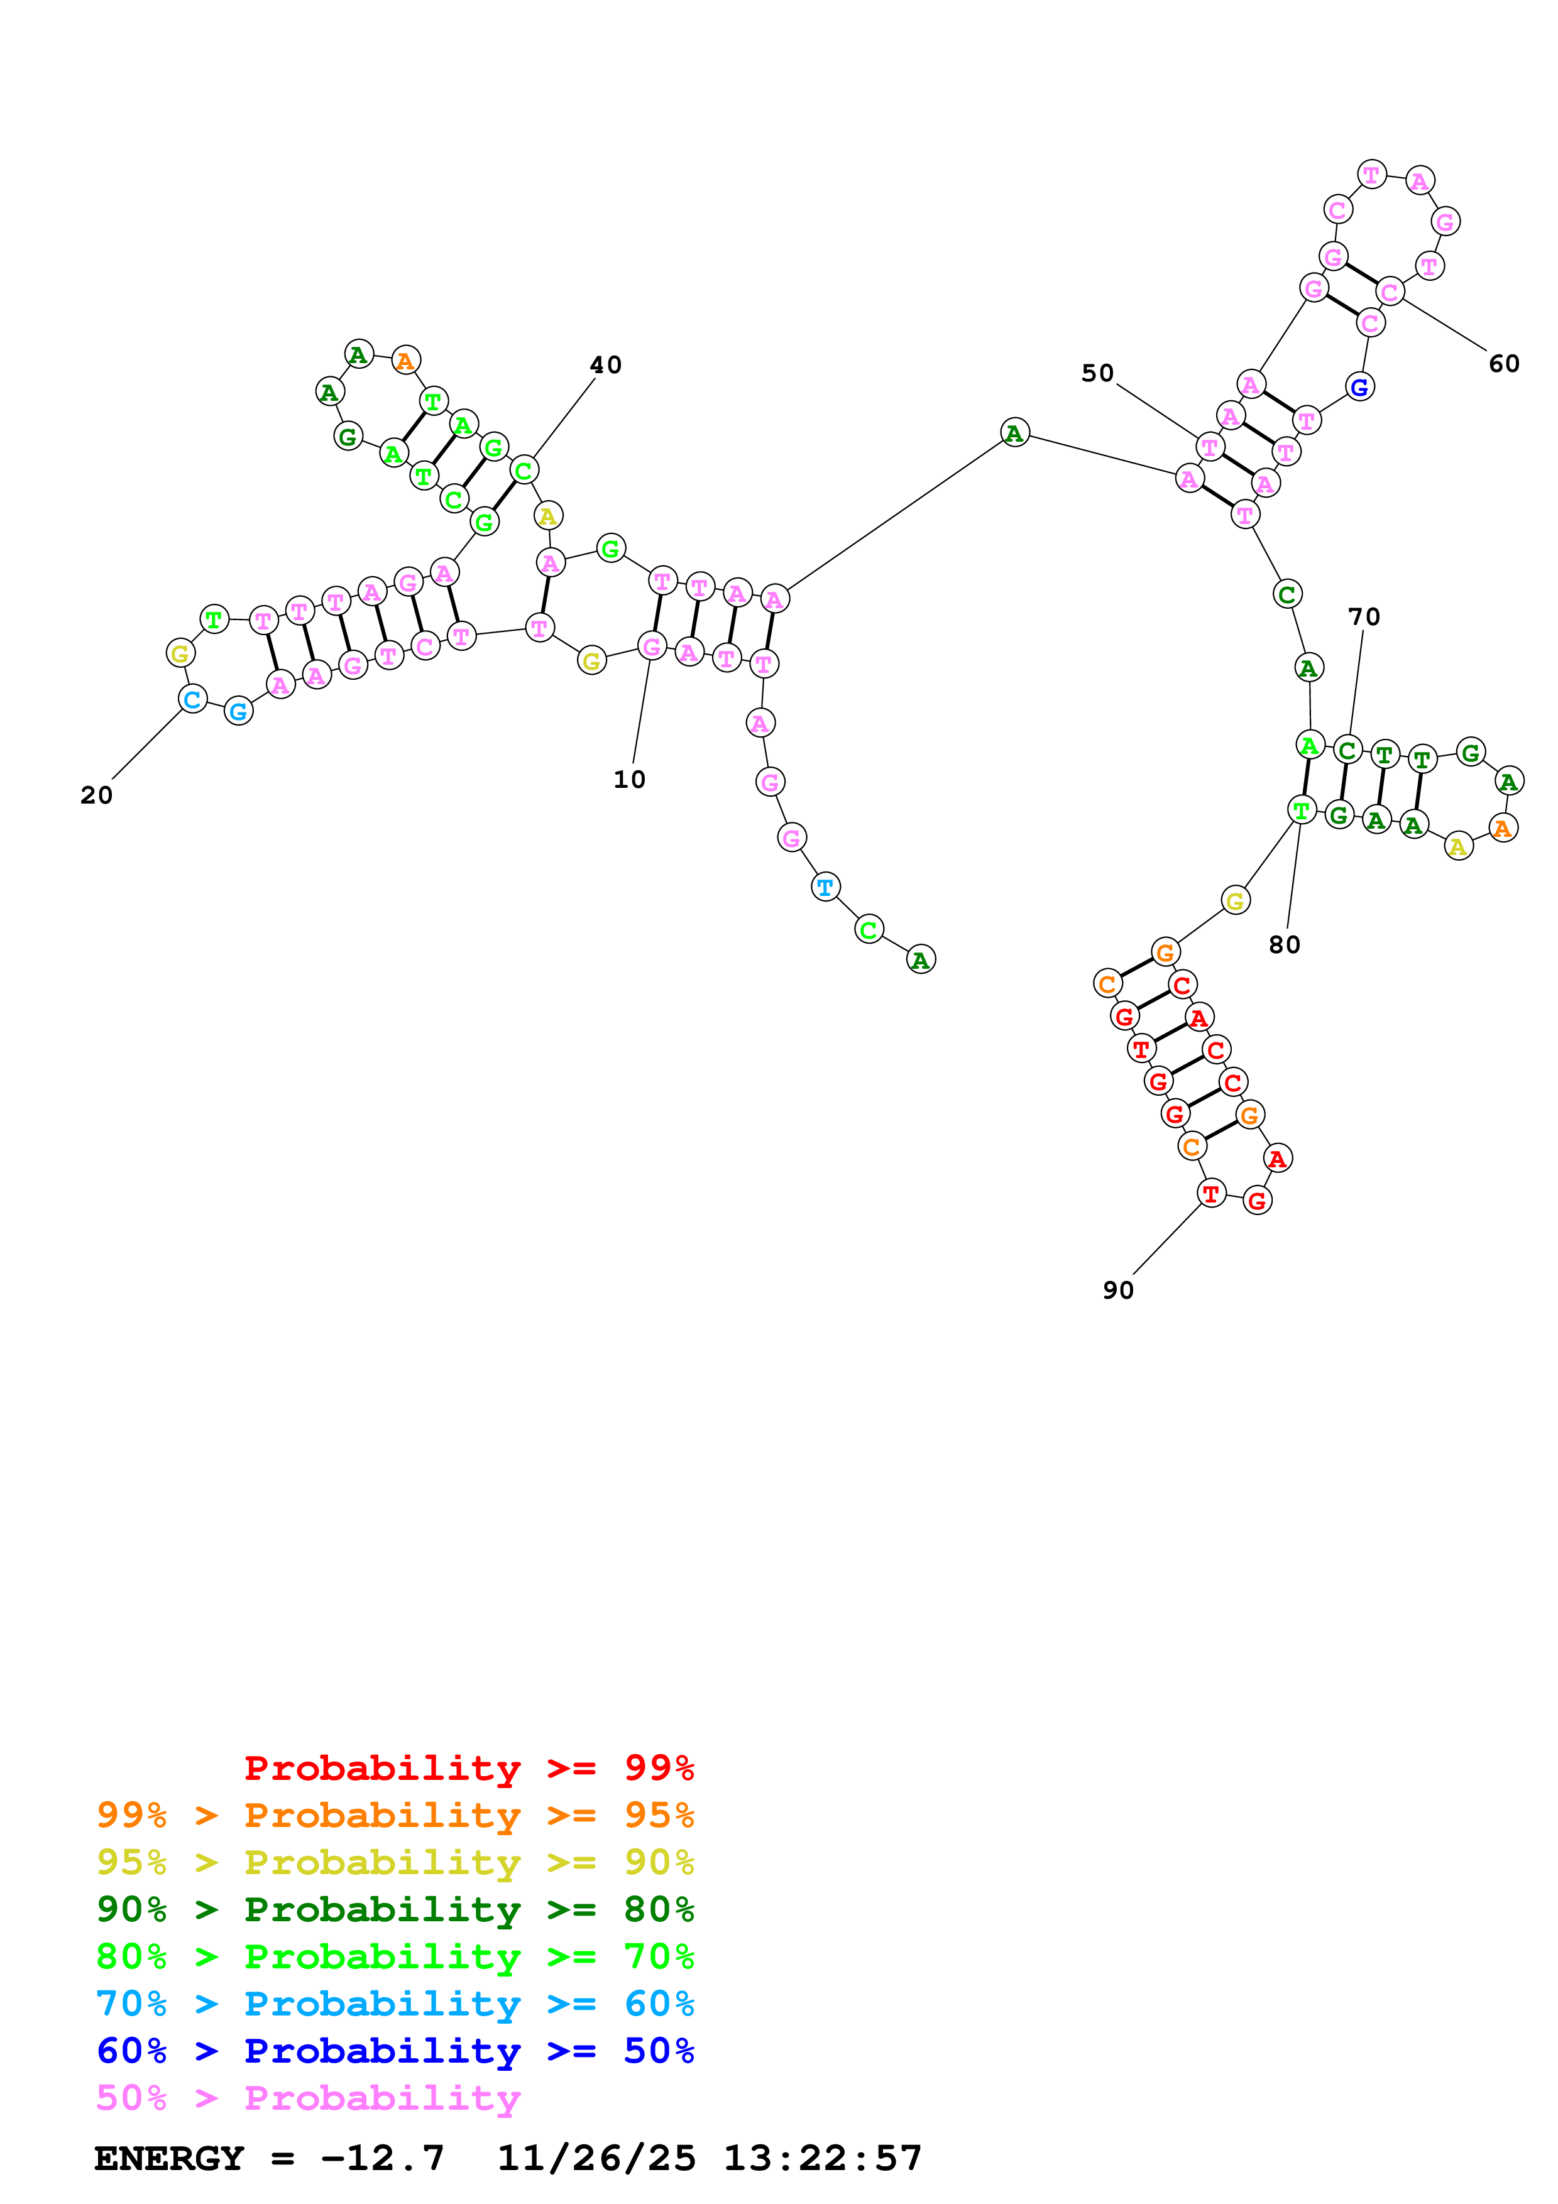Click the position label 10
coord(630,780)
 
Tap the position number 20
coord(97,795)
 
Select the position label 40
coord(606,365)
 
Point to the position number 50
coord(1097,373)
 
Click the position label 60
coord(1504,364)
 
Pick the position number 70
coord(1364,616)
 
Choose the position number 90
coord(1118,1290)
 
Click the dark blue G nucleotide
coord(1359,388)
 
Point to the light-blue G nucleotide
coord(238,711)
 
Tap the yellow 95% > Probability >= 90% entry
coord(395,1862)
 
